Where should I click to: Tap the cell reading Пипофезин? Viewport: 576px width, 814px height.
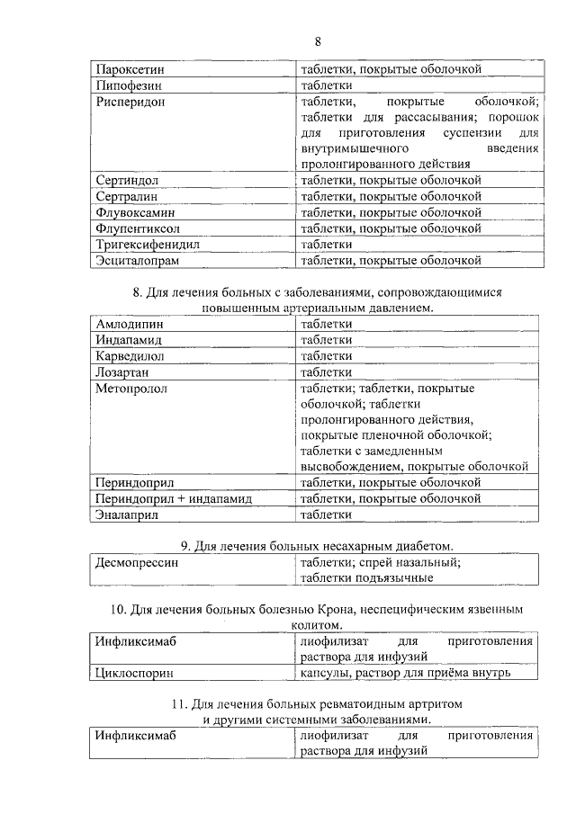[128, 85]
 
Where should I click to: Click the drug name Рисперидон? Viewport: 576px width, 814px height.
[130, 102]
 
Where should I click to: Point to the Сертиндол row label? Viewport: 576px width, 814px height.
[127, 181]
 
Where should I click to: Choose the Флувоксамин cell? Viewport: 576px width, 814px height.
[135, 213]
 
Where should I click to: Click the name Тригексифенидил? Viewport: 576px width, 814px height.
[147, 245]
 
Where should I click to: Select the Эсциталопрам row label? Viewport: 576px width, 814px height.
[138, 261]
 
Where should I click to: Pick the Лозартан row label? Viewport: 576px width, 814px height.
[121, 372]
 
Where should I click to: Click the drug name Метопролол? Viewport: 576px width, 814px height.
[132, 389]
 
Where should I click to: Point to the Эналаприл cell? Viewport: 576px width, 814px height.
[126, 514]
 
